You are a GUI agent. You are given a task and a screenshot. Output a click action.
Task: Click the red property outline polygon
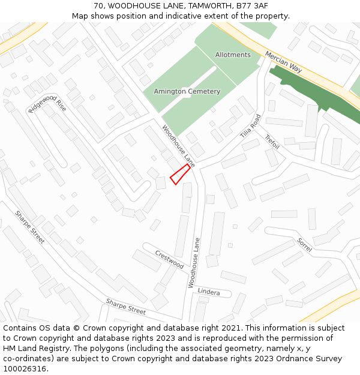pyautogui.click(x=179, y=175)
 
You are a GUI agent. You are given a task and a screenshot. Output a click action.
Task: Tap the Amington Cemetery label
pyautogui.click(x=187, y=91)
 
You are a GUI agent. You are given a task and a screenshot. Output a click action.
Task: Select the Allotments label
pyautogui.click(x=233, y=55)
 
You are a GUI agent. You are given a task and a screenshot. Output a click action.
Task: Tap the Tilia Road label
pyautogui.click(x=251, y=126)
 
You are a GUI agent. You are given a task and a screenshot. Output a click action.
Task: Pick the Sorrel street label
pyautogui.click(x=305, y=245)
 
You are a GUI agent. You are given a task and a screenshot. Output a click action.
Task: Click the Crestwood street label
pyautogui.click(x=169, y=259)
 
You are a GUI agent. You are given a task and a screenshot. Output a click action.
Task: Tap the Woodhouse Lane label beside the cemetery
pyautogui.click(x=178, y=146)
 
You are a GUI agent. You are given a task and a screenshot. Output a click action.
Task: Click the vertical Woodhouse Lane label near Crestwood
pyautogui.click(x=193, y=263)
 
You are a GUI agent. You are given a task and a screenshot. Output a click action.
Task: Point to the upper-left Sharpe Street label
pyautogui.click(x=30, y=227)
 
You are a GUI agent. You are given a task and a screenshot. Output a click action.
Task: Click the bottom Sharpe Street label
pyautogui.click(x=126, y=307)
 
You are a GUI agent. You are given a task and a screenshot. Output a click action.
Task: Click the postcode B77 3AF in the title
pyautogui.click(x=252, y=6)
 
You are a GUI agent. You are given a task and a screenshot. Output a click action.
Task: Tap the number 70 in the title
pyautogui.click(x=98, y=6)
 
